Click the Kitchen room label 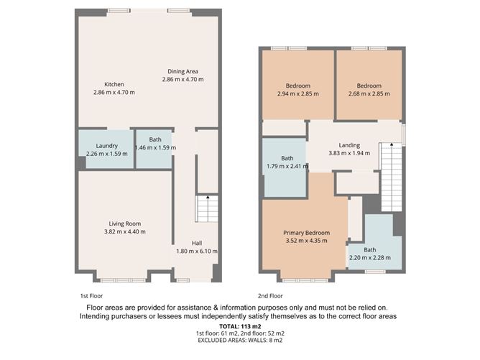pyautogui.click(x=114, y=84)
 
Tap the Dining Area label pyautogui.click(x=183, y=71)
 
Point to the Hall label pyautogui.click(x=196, y=243)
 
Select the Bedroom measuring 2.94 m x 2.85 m pyautogui.click(x=297, y=89)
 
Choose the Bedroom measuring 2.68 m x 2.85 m pyautogui.click(x=369, y=89)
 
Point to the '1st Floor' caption pyautogui.click(x=91, y=295)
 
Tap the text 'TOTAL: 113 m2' pyautogui.click(x=240, y=326)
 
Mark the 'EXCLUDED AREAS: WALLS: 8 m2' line pyautogui.click(x=240, y=342)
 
